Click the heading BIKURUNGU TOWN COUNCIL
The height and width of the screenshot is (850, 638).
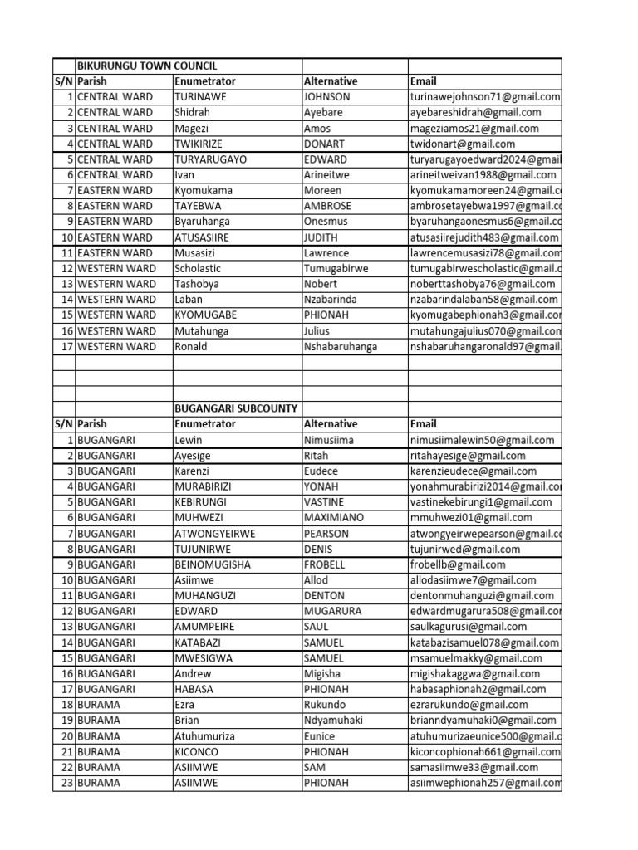tap(148, 66)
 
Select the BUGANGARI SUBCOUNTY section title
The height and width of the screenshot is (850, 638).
tap(236, 408)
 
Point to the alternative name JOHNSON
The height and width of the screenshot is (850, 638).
tap(327, 96)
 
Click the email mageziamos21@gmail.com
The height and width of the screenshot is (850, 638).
tap(474, 128)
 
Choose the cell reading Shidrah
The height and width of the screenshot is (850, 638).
tap(192, 112)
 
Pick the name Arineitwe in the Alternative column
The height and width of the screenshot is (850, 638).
tap(329, 175)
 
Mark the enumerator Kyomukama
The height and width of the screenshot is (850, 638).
tap(204, 190)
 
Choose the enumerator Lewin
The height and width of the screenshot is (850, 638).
tap(189, 440)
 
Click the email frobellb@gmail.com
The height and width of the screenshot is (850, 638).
tap(458, 564)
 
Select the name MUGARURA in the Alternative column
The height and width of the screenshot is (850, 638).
tap(334, 611)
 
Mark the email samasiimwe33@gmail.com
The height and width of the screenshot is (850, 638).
tap(474, 767)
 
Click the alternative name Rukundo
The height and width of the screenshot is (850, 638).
tap(326, 705)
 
